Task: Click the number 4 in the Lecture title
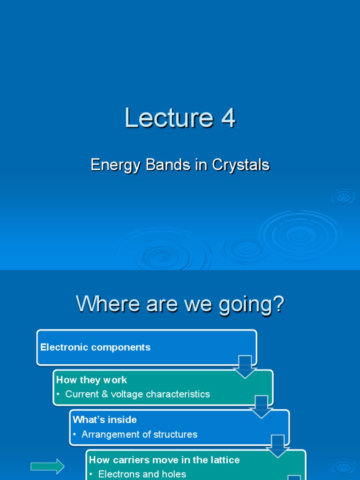pos(228,118)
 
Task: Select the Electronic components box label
pos(96,347)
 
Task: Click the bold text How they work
pos(91,380)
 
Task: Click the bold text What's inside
pos(105,420)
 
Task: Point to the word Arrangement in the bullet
pos(108,435)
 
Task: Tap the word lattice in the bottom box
pos(225,460)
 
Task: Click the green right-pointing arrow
pos(47,466)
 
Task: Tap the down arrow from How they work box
pos(262,406)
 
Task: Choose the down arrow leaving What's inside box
pos(278,446)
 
